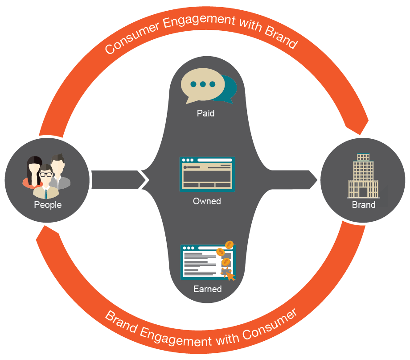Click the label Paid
(x=205, y=114)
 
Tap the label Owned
(x=207, y=201)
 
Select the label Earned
(x=207, y=289)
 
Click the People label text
(x=48, y=205)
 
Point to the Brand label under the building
(x=364, y=205)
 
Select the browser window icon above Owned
(x=207, y=174)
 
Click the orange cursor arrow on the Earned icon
(x=230, y=275)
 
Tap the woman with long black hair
(x=33, y=172)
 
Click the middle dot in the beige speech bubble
(x=203, y=84)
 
